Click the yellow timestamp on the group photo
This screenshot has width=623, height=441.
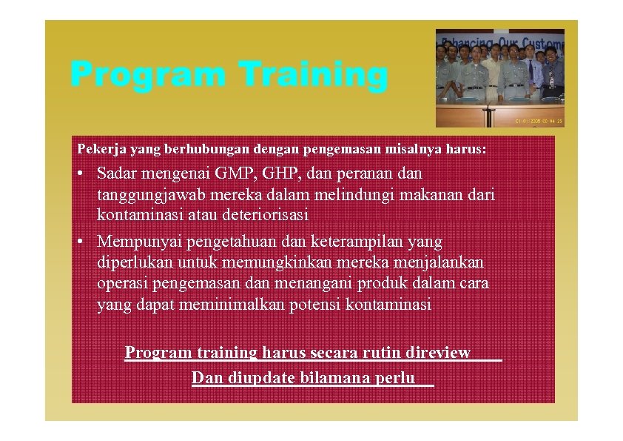pos(539,121)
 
